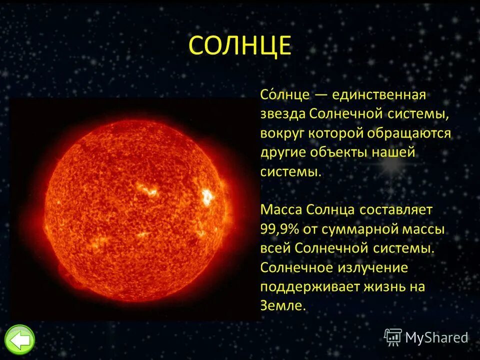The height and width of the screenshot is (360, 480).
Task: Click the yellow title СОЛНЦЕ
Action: pyautogui.click(x=239, y=46)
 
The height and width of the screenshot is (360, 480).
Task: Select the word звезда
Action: pyautogui.click(x=282, y=114)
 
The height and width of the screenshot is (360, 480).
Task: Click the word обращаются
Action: pyautogui.click(x=409, y=134)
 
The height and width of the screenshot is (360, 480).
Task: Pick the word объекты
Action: pyautogui.click(x=339, y=152)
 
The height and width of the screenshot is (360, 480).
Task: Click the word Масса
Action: pyautogui.click(x=280, y=209)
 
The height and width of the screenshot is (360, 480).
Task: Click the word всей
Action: pyautogui.click(x=275, y=248)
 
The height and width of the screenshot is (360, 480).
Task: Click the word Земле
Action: pyautogui.click(x=282, y=305)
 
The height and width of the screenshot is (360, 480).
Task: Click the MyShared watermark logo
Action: pyautogui.click(x=426, y=337)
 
